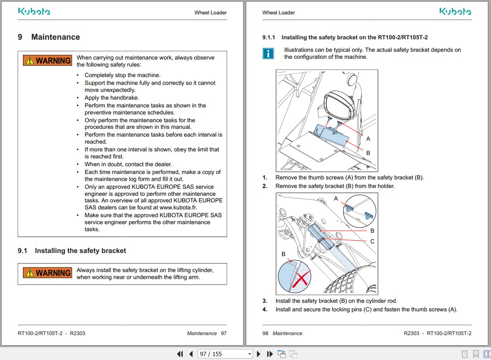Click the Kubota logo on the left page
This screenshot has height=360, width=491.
pyautogui.click(x=34, y=11)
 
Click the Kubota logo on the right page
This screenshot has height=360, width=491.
pyautogui.click(x=455, y=11)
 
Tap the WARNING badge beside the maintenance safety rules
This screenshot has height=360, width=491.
pyautogui.click(x=47, y=61)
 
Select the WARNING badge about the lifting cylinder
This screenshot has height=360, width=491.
pyautogui.click(x=47, y=273)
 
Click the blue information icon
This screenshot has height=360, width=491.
pyautogui.click(x=268, y=53)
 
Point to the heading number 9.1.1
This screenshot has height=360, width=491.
pyautogui.click(x=269, y=37)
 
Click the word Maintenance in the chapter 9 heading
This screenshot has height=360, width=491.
pyautogui.click(x=56, y=37)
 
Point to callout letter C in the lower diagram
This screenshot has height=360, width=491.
pyautogui.click(x=372, y=241)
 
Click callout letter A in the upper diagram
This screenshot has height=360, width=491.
pyautogui.click(x=368, y=139)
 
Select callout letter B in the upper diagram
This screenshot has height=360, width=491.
pyautogui.click(x=368, y=153)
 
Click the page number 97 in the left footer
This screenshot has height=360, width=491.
pyautogui.click(x=224, y=333)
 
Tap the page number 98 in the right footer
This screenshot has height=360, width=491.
pyautogui.click(x=265, y=333)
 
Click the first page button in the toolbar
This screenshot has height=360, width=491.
pyautogui.click(x=180, y=354)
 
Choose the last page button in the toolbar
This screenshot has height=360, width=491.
pyautogui.click(x=270, y=354)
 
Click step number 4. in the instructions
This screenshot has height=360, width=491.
pyautogui.click(x=265, y=309)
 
